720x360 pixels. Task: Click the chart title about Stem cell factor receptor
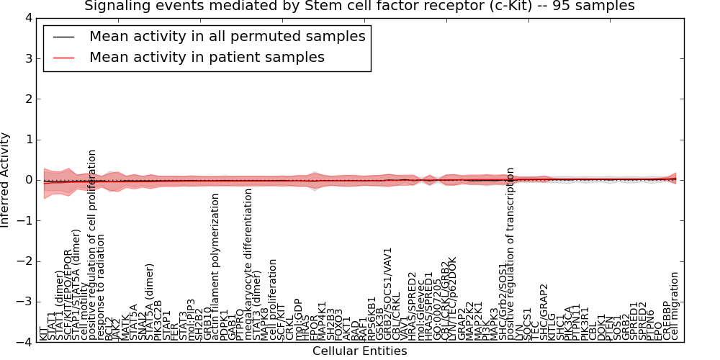pyautogui.click(x=359, y=6)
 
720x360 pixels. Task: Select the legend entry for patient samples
pyautogui.click(x=207, y=58)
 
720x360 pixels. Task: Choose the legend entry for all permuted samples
pyautogui.click(x=227, y=36)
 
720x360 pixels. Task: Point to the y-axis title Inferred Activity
pyautogui.click(x=6, y=180)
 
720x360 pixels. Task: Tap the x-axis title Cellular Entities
pyautogui.click(x=359, y=351)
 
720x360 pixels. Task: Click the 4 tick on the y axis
pyautogui.click(x=27, y=17)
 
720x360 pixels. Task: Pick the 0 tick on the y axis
pyautogui.click(x=27, y=180)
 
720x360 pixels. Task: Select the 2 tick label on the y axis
pyautogui.click(x=27, y=99)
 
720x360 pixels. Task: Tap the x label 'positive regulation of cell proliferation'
pyautogui.click(x=93, y=245)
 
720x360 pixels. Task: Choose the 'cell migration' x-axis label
pyautogui.click(x=675, y=306)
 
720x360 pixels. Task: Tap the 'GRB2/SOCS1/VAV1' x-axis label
pyautogui.click(x=388, y=299)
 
